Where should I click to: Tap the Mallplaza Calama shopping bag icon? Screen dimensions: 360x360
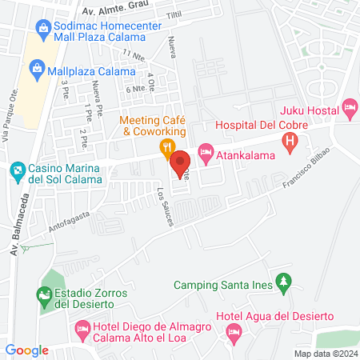37,70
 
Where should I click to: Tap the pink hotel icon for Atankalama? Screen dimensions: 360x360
205,150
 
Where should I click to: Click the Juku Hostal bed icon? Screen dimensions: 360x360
348,106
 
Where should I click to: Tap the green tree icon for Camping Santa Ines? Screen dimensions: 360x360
282,282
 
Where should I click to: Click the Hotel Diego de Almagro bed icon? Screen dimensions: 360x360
82,328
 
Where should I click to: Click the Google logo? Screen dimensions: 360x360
26,350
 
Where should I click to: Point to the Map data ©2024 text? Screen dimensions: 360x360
325,354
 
